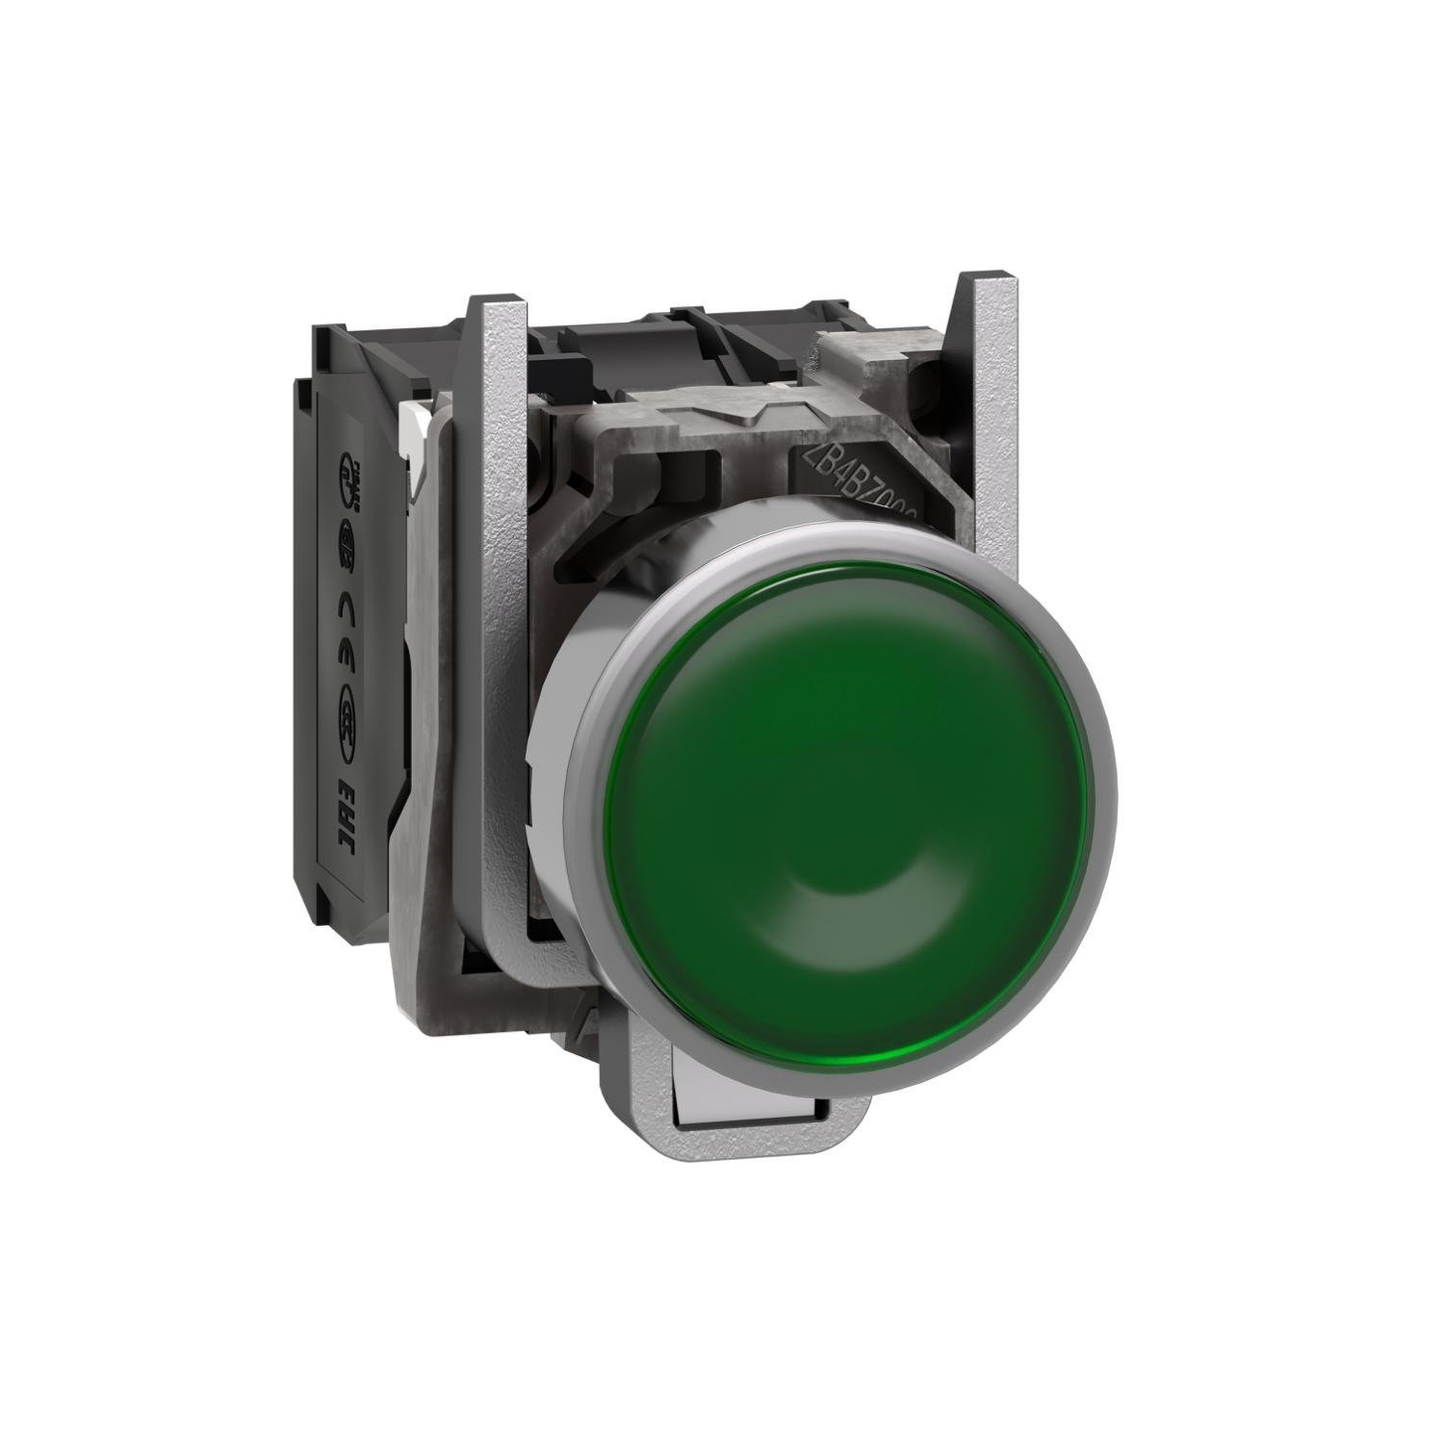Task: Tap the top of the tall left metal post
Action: point(497,303)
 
